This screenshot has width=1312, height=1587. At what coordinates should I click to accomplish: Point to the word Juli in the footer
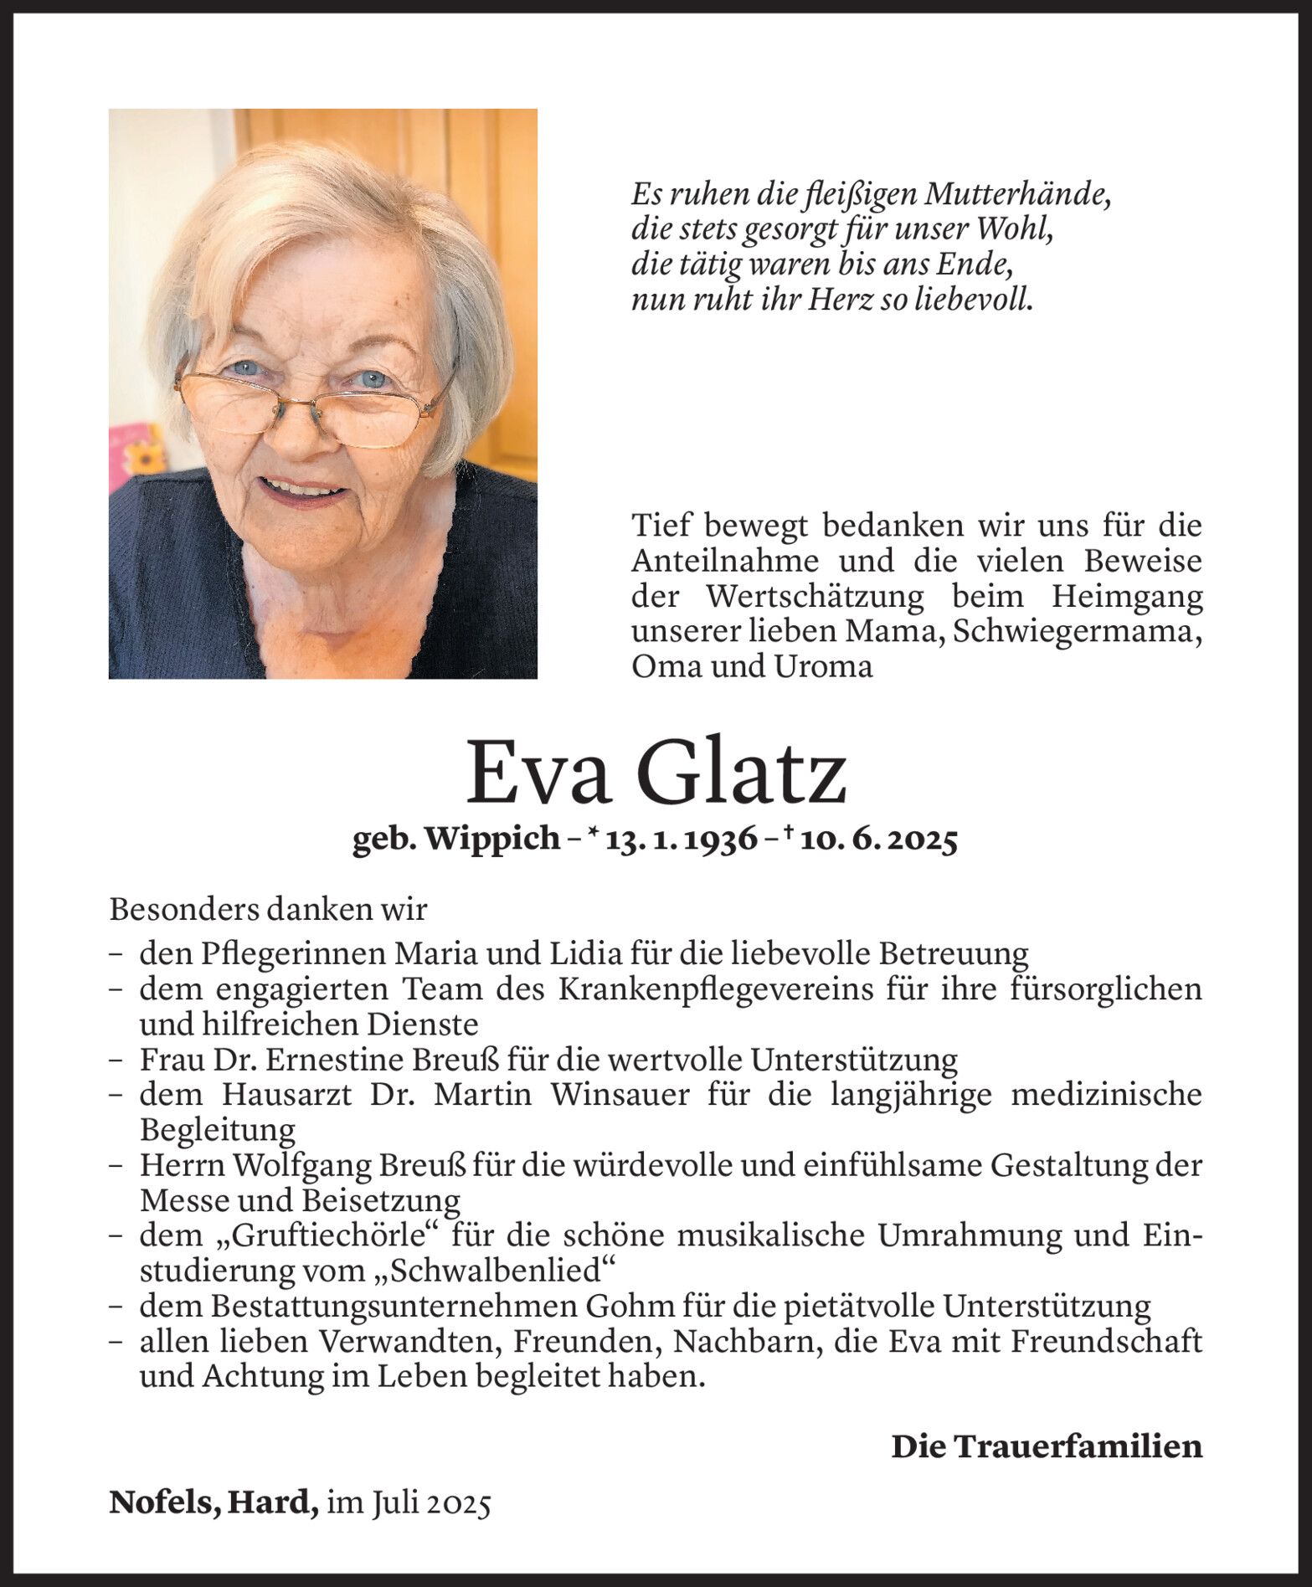[392, 1505]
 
